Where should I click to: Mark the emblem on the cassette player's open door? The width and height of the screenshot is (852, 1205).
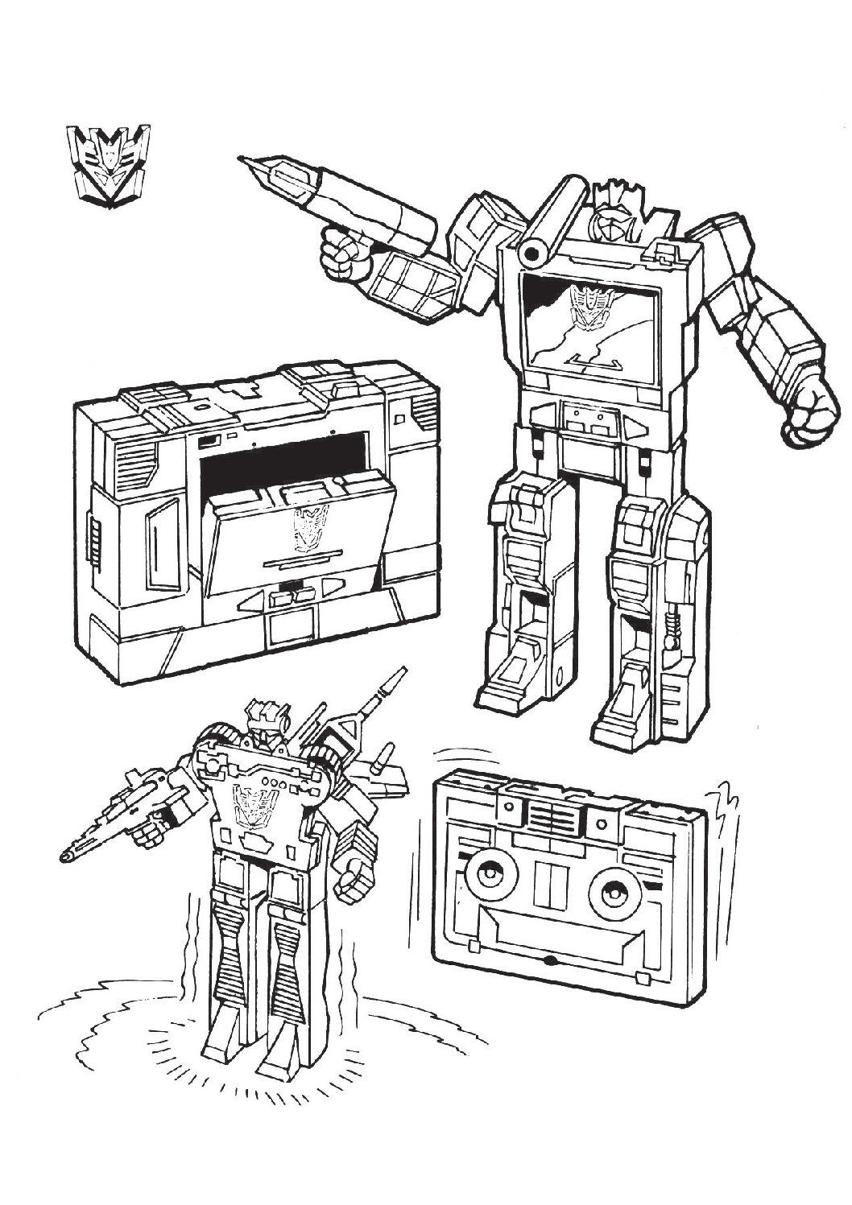click(x=307, y=528)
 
